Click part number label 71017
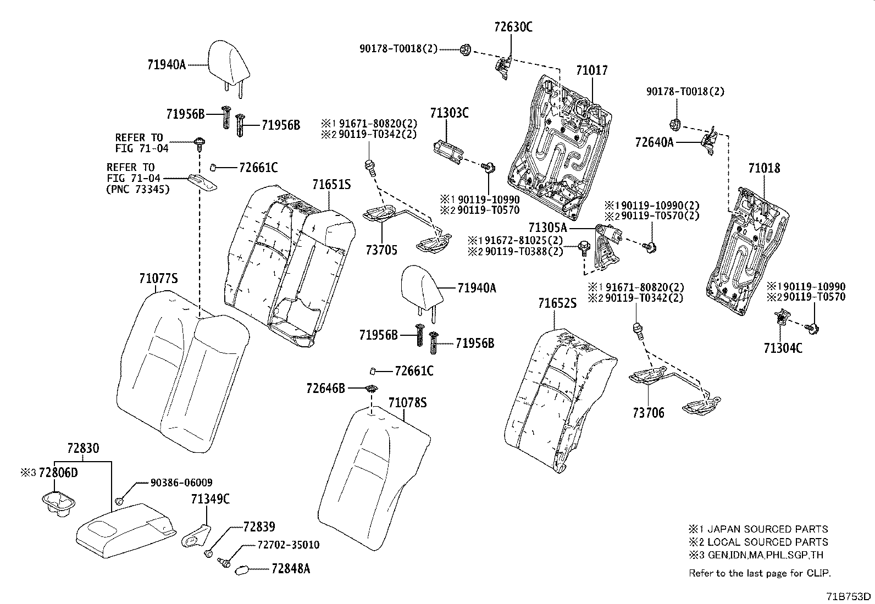coord(592,71)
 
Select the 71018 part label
coord(763,168)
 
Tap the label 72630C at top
coord(513,27)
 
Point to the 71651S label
coord(331,185)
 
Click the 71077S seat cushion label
coord(158,279)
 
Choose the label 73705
coord(381,251)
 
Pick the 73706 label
coord(648,413)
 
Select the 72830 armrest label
coord(83,448)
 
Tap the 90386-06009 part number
coord(181,483)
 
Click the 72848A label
coord(291,569)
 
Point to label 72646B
coord(326,389)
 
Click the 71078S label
coord(407,403)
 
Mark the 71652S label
coord(557,303)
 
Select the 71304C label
coord(783,348)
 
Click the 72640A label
coord(654,142)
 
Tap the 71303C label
coord(449,113)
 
